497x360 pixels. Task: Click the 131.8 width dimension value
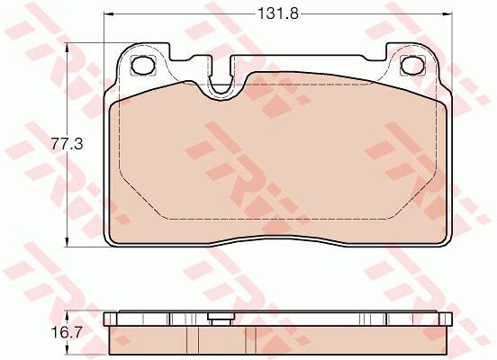(278, 13)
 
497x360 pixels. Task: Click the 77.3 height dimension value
(68, 144)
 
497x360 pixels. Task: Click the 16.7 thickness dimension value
(68, 332)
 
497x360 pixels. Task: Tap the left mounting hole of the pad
(143, 66)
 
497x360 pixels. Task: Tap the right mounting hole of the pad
(412, 66)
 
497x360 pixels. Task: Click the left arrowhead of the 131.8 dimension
(109, 13)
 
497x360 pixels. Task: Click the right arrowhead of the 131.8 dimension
(447, 13)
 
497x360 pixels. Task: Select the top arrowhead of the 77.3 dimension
(67, 49)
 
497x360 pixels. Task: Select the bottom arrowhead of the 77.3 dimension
(67, 241)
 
